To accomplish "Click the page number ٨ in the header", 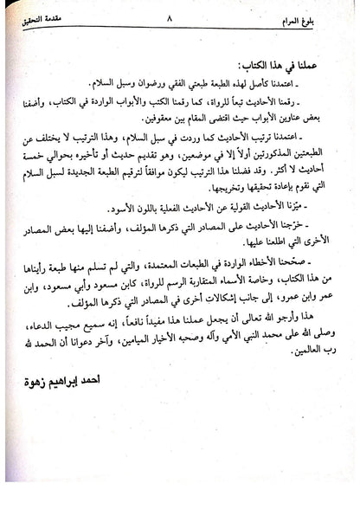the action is click(181, 16).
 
